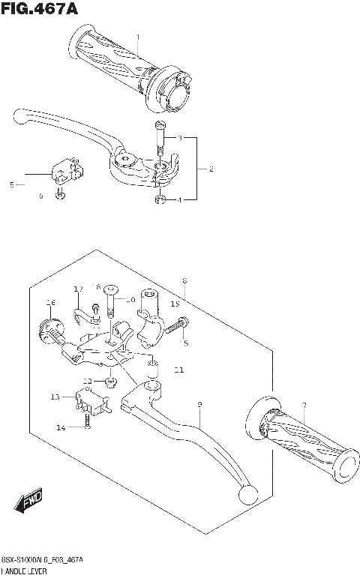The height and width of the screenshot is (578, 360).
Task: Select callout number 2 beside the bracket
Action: click(211, 169)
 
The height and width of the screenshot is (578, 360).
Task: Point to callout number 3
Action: click(180, 139)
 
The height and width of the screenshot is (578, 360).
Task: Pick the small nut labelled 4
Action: click(158, 199)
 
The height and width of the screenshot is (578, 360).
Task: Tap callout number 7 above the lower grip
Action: click(304, 406)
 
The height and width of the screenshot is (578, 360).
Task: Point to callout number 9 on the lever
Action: click(199, 405)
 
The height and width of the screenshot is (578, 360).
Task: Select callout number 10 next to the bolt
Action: click(130, 299)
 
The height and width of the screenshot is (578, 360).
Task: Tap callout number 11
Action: click(178, 370)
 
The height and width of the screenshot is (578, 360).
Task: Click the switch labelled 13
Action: click(87, 399)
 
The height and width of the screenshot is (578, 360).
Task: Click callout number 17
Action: click(78, 289)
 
